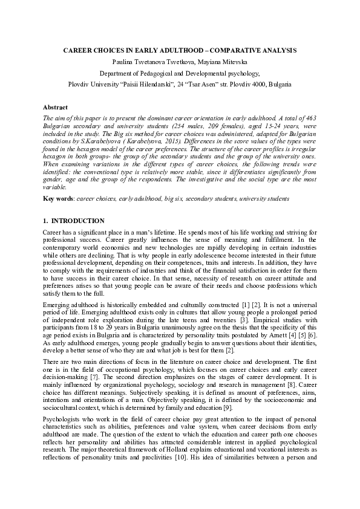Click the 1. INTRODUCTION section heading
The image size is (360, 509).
pyautogui.click(x=74, y=221)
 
